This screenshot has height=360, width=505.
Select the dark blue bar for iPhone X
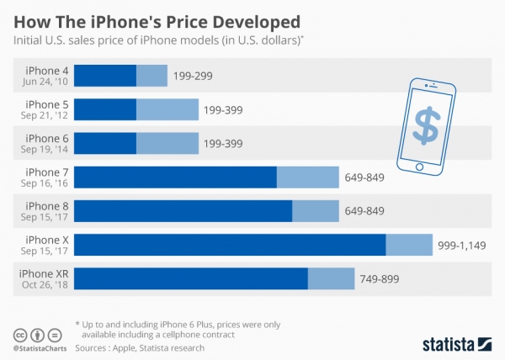pyautogui.click(x=230, y=244)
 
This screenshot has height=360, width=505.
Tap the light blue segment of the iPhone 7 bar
pyautogui.click(x=307, y=177)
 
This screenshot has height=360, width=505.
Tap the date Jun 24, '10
pyautogui.click(x=47, y=82)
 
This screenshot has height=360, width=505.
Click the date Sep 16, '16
pyautogui.click(x=47, y=183)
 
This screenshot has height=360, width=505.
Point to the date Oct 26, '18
pyautogui.click(x=46, y=284)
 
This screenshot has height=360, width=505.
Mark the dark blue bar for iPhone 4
pyautogui.click(x=105, y=76)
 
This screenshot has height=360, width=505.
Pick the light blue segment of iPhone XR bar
pyautogui.click(x=331, y=278)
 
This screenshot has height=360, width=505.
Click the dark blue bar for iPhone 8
pyautogui.click(x=183, y=210)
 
